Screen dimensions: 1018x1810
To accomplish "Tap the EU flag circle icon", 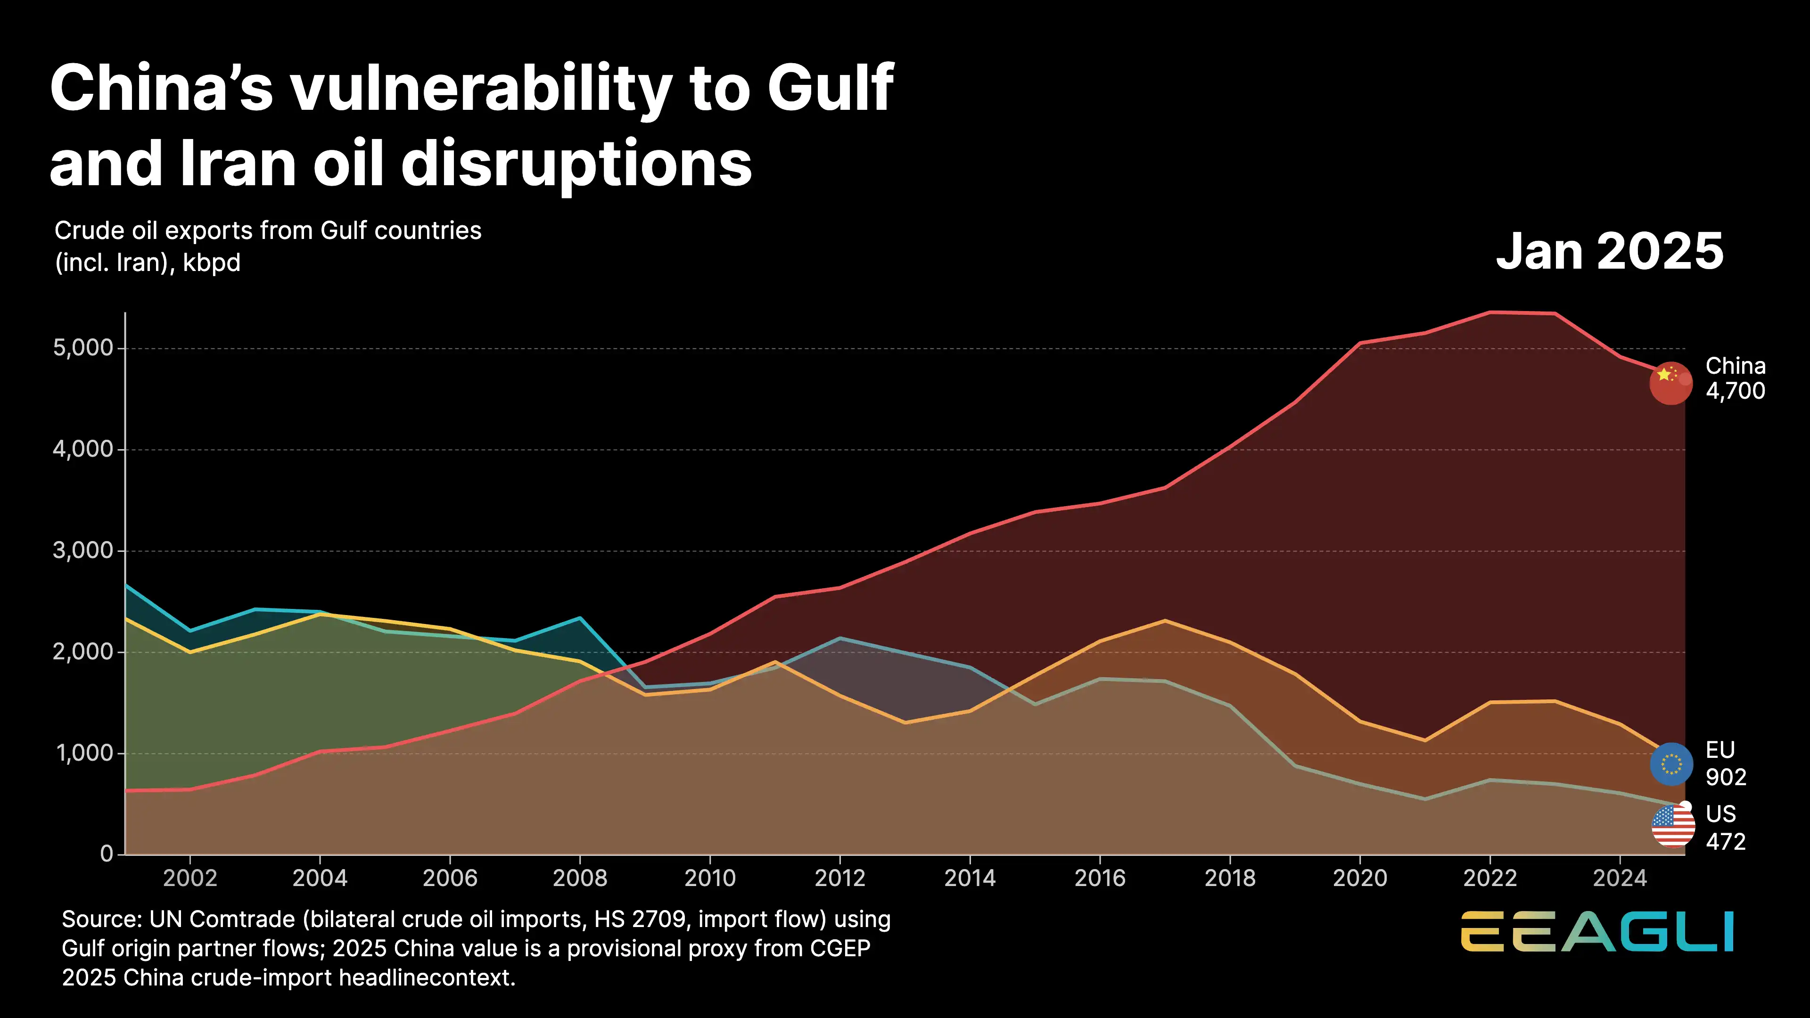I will (x=1671, y=763).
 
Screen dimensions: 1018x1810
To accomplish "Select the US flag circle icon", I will (x=1672, y=826).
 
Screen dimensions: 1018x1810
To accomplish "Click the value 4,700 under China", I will (x=1735, y=391).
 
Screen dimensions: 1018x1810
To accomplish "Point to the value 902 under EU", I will (x=1725, y=777).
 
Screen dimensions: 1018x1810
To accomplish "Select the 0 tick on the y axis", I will (x=107, y=854).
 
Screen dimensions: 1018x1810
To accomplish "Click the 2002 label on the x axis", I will (x=189, y=878).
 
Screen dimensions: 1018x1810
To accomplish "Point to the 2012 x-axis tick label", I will (x=839, y=878).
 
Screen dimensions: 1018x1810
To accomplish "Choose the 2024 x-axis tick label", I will (x=1620, y=878).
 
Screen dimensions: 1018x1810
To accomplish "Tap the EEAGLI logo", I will (x=1597, y=932).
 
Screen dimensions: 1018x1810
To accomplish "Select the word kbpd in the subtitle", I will (x=212, y=263).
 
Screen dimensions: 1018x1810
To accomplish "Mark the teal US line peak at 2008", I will (x=580, y=617).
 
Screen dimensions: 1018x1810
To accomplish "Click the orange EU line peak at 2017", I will (x=1165, y=620).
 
